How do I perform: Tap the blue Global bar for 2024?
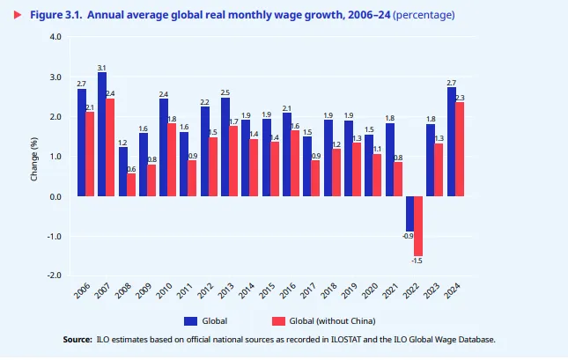[452, 142]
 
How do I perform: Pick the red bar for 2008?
[131, 185]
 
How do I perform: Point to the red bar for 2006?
[90, 154]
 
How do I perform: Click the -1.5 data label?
[418, 261]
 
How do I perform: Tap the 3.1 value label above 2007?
[102, 68]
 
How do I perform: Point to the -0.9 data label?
[408, 236]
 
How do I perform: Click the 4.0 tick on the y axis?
[55, 37]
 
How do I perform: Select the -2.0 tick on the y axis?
[55, 276]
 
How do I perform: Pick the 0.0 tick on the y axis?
[55, 196]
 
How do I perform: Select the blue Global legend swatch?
[190, 320]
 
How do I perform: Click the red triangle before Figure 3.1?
[16, 15]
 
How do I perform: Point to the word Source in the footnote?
[77, 339]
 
